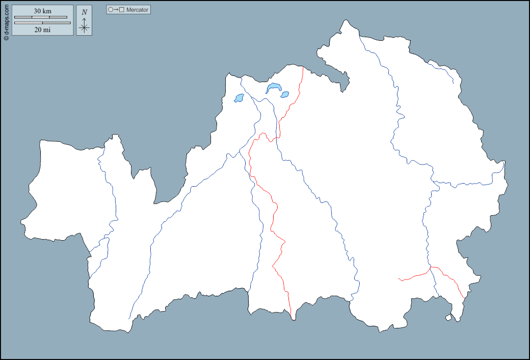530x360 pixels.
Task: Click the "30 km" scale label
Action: coord(42,11)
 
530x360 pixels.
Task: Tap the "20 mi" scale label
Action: coord(42,30)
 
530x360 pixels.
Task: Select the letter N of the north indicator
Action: coord(84,12)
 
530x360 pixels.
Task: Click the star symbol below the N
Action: coord(84,28)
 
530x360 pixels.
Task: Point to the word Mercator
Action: coord(138,10)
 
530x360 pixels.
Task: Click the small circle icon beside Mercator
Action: coord(111,10)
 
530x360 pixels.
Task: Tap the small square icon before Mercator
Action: coord(121,10)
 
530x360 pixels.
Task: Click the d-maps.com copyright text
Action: coord(6,20)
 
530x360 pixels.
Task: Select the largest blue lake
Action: coord(273,88)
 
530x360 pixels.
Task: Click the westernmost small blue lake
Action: coord(238,98)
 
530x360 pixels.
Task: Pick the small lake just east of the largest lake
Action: coord(284,94)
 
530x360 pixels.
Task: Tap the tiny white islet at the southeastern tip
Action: coord(448,318)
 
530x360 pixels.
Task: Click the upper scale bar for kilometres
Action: coord(41,17)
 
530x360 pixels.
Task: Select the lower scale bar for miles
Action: coord(42,23)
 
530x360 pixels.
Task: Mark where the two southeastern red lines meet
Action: coord(431,267)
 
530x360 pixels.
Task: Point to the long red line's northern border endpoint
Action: coord(303,67)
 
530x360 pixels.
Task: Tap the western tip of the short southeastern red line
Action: coord(398,278)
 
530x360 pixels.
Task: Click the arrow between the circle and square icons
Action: coord(116,10)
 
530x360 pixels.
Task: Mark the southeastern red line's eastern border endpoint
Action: coord(464,298)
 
